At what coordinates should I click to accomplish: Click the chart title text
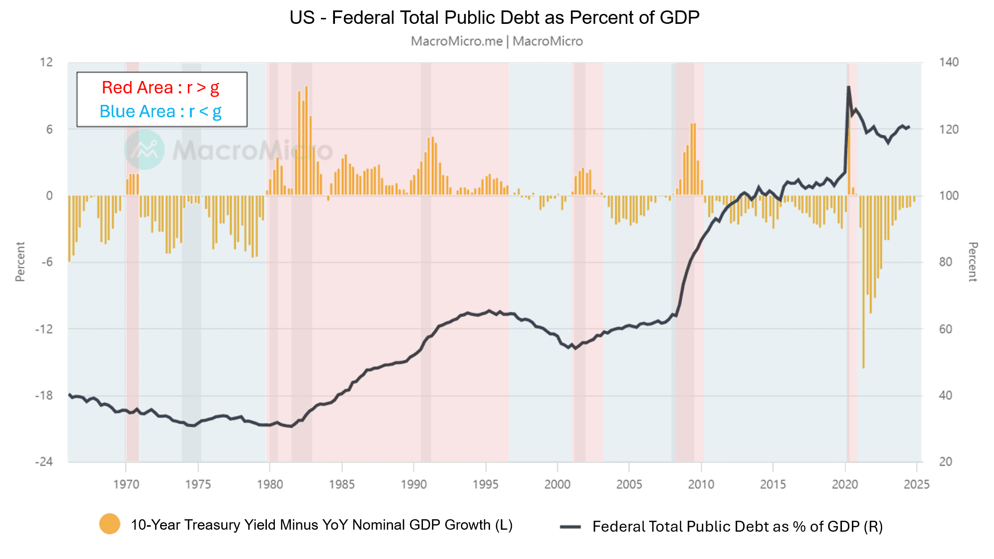(495, 18)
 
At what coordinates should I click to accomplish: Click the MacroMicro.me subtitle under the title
(497, 41)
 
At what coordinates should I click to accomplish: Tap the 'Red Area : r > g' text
(161, 87)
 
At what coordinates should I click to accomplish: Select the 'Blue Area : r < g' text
(161, 111)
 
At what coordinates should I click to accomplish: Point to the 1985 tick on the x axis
(342, 484)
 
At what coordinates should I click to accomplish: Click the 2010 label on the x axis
(701, 484)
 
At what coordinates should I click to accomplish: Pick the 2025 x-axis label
(916, 484)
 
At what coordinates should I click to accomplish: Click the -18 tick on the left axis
(44, 396)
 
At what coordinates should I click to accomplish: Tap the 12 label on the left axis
(46, 62)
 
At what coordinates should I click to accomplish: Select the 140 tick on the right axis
(949, 62)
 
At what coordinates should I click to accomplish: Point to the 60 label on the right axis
(945, 329)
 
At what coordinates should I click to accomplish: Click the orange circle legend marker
(110, 524)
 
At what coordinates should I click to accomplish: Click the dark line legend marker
(570, 527)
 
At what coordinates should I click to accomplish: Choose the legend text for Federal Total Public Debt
(738, 527)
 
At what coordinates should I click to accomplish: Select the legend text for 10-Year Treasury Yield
(322, 525)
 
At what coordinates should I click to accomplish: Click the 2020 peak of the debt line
(848, 87)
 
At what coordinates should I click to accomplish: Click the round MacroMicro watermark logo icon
(144, 150)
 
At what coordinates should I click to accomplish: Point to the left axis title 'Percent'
(20, 262)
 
